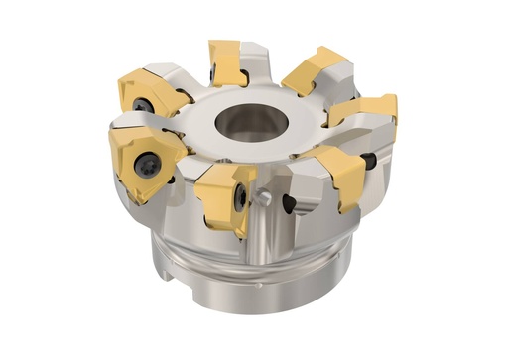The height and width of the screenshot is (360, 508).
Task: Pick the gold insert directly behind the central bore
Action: click(227, 61)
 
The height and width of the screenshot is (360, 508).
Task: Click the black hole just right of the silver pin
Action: click(289, 205)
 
